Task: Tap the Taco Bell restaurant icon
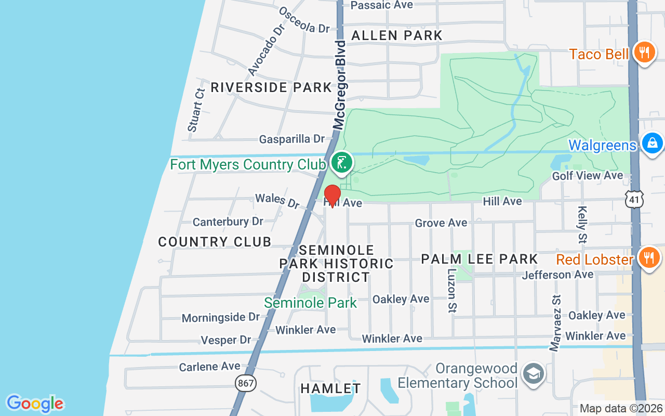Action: coord(644,53)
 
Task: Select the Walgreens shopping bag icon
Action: coord(652,143)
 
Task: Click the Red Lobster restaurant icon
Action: coord(648,257)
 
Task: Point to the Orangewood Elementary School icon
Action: coord(533,374)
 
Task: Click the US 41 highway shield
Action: coord(635,199)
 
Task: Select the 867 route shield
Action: coord(245,384)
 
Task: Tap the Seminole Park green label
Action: coord(310,303)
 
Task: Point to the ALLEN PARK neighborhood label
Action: coord(397,35)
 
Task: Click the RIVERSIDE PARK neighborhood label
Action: coord(271,87)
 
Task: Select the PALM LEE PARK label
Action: coord(479,259)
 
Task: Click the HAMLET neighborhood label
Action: coord(330,388)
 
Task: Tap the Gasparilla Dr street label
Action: coord(291,139)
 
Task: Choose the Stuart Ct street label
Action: coord(196,110)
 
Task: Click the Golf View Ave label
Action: coord(587,176)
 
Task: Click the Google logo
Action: coord(35,404)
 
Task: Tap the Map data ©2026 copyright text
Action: coord(621,409)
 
